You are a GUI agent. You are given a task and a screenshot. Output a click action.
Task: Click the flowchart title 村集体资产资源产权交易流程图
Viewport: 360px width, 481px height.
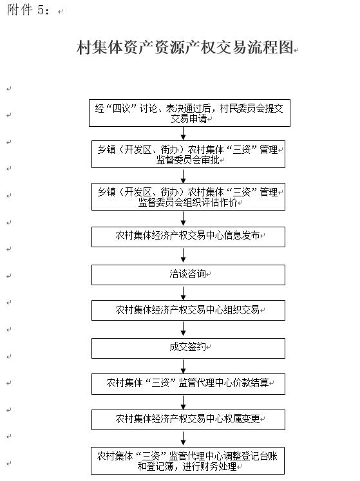(x=185, y=48)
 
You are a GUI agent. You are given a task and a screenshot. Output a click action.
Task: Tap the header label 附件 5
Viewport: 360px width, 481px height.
(x=28, y=10)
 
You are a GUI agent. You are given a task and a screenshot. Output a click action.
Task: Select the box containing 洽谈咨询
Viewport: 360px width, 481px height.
(x=188, y=275)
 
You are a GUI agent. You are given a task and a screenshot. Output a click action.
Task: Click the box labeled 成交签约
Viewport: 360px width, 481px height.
(x=188, y=348)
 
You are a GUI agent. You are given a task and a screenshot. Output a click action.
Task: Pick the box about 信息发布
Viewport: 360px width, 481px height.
(x=188, y=237)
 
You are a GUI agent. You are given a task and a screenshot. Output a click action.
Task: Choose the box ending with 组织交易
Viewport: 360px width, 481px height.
(x=188, y=310)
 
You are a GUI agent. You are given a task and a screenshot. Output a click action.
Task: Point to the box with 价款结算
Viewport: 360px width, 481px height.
(x=188, y=384)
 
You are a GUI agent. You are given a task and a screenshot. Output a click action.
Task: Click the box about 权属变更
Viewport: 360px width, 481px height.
(x=188, y=420)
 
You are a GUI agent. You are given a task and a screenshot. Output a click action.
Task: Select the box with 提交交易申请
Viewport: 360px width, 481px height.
(x=189, y=113)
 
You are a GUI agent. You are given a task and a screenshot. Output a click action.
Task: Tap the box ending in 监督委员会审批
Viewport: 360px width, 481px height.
(x=188, y=155)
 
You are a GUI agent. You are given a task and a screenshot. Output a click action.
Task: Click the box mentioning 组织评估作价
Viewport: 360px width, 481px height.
(x=188, y=196)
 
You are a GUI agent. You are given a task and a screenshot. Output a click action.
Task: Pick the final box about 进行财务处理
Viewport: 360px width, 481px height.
(x=187, y=461)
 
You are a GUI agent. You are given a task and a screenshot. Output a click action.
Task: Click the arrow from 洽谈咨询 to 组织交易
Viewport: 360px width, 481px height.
(x=184, y=293)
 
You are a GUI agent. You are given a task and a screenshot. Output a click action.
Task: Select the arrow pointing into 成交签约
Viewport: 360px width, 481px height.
(x=184, y=329)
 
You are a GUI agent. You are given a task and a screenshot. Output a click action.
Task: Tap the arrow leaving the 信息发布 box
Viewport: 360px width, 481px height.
(x=184, y=255)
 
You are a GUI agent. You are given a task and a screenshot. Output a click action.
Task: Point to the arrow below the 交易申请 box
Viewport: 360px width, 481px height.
(x=184, y=133)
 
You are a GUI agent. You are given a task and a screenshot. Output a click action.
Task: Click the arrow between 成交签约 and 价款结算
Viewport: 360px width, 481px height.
(x=184, y=366)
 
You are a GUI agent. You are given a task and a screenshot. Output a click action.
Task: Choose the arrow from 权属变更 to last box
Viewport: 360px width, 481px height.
(x=184, y=439)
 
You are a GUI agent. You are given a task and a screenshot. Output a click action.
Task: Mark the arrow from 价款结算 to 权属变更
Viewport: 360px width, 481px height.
(x=184, y=402)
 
